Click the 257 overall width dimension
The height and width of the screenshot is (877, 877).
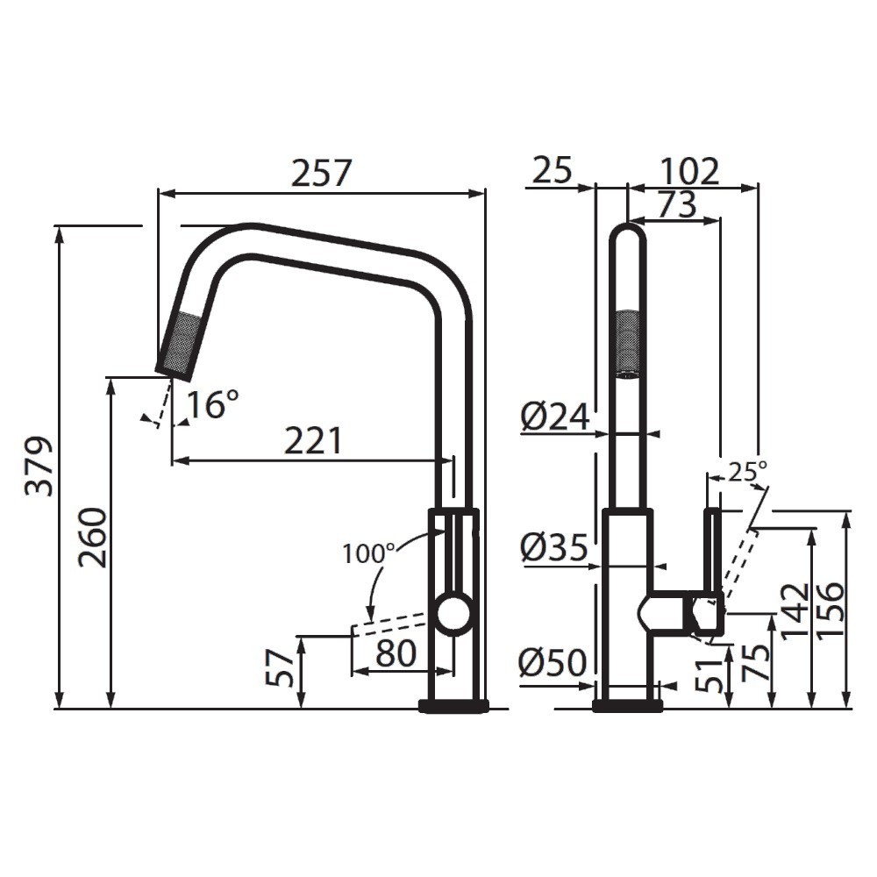click(x=321, y=173)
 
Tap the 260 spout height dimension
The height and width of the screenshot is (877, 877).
click(x=94, y=537)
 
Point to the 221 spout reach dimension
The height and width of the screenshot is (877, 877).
click(x=312, y=441)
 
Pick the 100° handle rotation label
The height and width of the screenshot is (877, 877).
click(x=368, y=553)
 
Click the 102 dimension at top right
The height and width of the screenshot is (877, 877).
click(x=689, y=172)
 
